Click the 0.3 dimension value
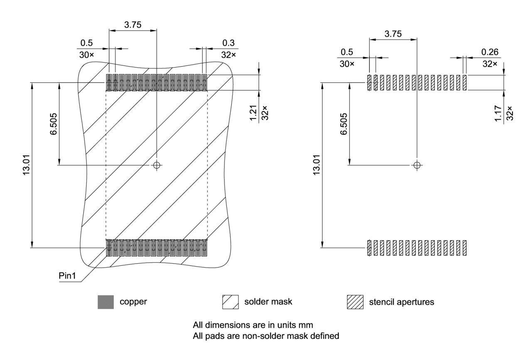point(228,43)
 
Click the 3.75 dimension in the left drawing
point(133,25)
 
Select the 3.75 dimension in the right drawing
point(393,34)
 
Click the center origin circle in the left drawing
point(156,165)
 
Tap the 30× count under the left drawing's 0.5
point(86,54)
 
